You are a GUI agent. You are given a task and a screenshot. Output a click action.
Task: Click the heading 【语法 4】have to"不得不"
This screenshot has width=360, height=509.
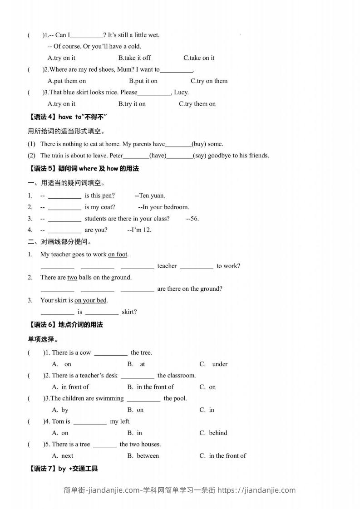[67, 117]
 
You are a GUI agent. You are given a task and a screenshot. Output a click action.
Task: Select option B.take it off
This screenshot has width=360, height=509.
[134, 58]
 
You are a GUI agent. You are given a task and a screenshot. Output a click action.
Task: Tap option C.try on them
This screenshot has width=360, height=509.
[209, 81]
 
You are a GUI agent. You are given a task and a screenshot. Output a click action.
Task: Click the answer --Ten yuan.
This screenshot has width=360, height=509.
[150, 196]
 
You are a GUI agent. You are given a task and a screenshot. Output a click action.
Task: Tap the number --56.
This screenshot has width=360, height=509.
[192, 218]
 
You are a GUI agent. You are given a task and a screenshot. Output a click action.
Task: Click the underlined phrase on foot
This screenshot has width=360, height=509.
[118, 254]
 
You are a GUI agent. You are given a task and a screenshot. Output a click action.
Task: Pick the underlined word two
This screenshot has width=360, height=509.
[72, 277]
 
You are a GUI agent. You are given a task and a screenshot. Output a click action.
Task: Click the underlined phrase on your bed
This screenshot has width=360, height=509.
[91, 300]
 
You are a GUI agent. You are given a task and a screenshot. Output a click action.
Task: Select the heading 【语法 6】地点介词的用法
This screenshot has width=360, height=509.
[65, 324]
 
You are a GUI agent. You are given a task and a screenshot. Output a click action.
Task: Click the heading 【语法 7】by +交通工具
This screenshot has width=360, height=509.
[63, 469]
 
